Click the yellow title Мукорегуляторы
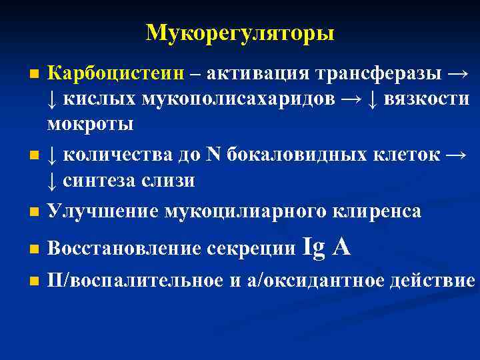240,33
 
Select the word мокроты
90,125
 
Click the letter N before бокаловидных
213,155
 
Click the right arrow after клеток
455,155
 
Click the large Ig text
314,248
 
